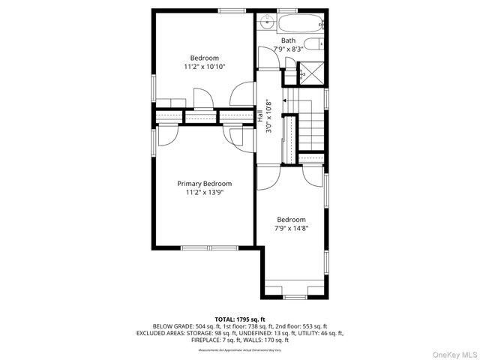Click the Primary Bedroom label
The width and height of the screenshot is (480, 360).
point(204,184)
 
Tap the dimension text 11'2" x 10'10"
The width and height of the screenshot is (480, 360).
point(204,67)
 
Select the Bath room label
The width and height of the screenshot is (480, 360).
point(288,40)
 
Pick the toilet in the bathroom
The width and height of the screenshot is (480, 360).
point(318,44)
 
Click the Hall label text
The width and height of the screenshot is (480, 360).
point(260,117)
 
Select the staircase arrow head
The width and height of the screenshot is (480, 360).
point(285,97)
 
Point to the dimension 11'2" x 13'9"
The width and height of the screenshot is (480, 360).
point(204,192)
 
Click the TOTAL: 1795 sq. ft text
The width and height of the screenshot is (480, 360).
point(239,319)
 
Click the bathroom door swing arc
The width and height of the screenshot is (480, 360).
point(268,56)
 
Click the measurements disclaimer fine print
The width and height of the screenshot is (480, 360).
point(239,349)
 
